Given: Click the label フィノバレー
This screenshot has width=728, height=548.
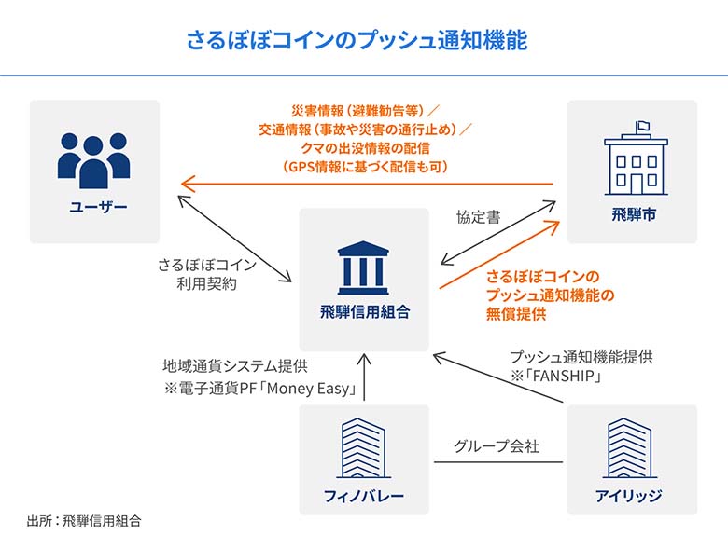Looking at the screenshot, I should click(364, 497).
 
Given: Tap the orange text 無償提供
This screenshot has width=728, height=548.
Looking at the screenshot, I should click(515, 314).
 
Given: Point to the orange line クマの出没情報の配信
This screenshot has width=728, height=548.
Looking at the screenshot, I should click(366, 148).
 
